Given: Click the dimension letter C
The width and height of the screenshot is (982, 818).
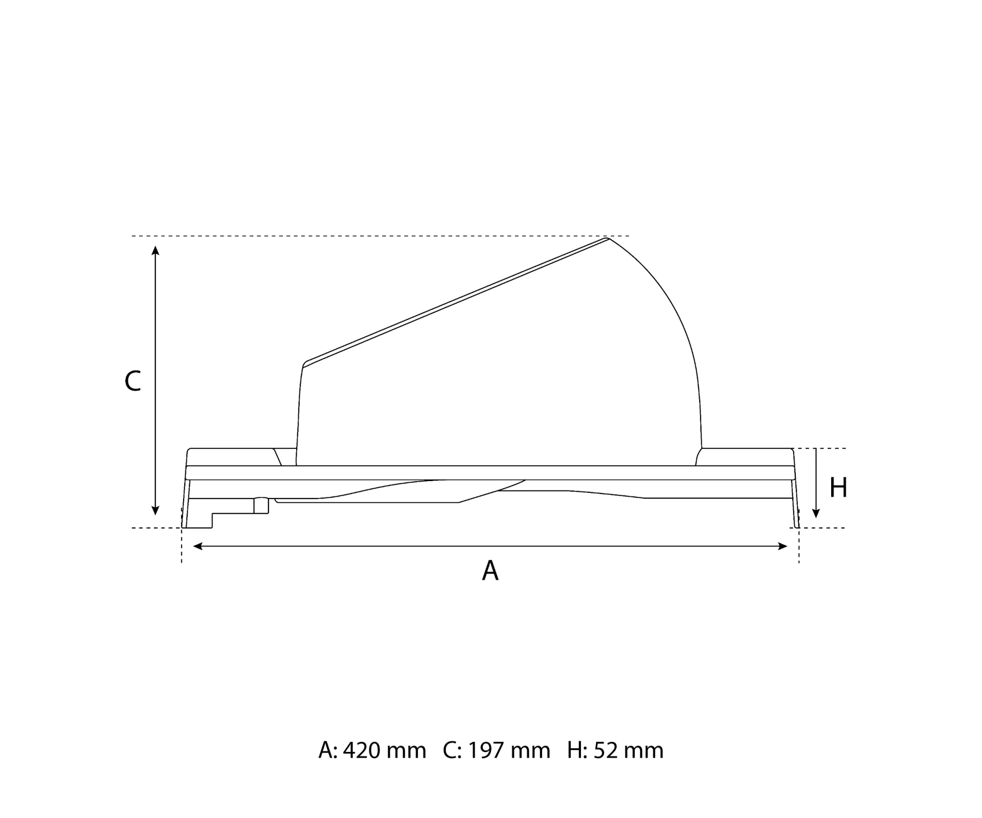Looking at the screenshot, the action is pyautogui.click(x=132, y=381).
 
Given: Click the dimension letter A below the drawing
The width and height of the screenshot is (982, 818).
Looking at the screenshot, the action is pyautogui.click(x=490, y=571).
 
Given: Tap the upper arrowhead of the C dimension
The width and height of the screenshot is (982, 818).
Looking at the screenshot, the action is pyautogui.click(x=155, y=251).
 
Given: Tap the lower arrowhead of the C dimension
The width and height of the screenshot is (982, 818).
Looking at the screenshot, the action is pyautogui.click(x=155, y=510).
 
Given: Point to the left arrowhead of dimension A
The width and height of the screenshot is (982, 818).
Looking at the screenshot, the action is pyautogui.click(x=198, y=547).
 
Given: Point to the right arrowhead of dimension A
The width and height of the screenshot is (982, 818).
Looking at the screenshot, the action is pyautogui.click(x=783, y=547).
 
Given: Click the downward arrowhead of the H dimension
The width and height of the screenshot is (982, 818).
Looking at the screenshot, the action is pyautogui.click(x=816, y=513).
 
